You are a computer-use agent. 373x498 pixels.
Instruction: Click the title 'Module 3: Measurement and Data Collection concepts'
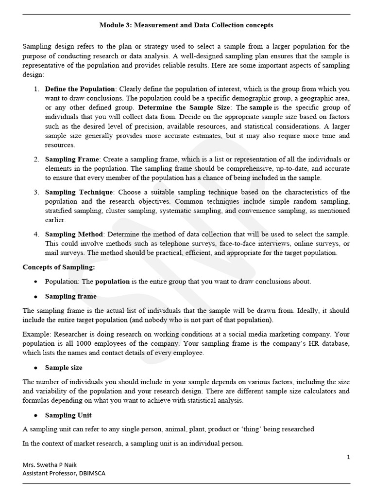pos(186,25)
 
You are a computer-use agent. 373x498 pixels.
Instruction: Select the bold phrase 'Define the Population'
pos(80,89)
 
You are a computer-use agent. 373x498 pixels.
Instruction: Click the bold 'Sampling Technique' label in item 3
pos(79,192)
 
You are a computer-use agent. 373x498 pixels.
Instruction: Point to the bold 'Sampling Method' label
pos(74,234)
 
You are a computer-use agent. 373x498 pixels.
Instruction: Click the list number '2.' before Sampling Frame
pos(36,160)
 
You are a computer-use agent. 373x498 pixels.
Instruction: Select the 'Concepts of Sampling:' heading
pos(59,267)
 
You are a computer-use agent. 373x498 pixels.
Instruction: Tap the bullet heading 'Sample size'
pos(64,368)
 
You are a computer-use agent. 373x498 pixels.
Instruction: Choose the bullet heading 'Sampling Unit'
pos(68,415)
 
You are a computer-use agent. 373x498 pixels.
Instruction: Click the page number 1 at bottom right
pos(348,457)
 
